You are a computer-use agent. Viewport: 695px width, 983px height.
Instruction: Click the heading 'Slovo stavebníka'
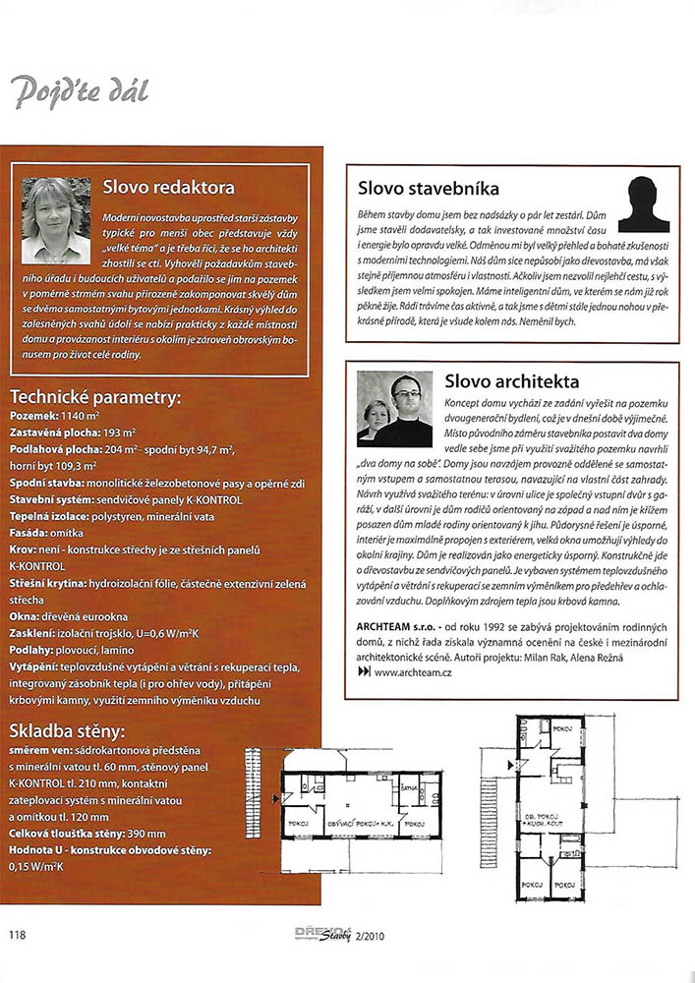click(429, 188)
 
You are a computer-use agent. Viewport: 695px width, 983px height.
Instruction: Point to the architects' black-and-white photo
click(395, 408)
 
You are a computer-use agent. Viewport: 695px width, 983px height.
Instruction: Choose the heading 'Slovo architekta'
click(511, 380)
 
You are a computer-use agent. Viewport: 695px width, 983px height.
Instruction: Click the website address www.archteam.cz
click(412, 671)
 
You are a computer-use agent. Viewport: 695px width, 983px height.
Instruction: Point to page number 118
click(19, 933)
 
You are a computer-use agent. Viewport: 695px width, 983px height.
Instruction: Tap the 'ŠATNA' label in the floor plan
click(412, 787)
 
